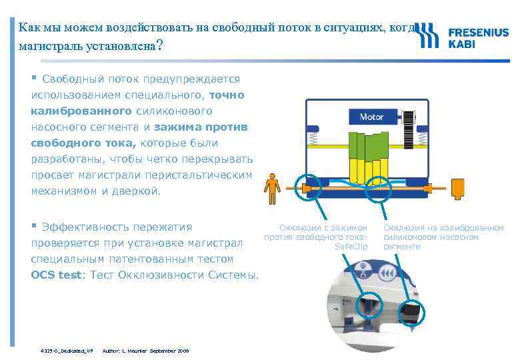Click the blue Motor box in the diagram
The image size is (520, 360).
(371, 117)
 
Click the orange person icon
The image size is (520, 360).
(271, 189)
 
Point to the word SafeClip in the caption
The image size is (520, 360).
(351, 247)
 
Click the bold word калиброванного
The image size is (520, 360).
(81, 111)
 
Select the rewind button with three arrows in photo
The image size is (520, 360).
(388, 273)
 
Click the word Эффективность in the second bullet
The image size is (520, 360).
(87, 227)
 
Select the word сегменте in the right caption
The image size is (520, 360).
(402, 247)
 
